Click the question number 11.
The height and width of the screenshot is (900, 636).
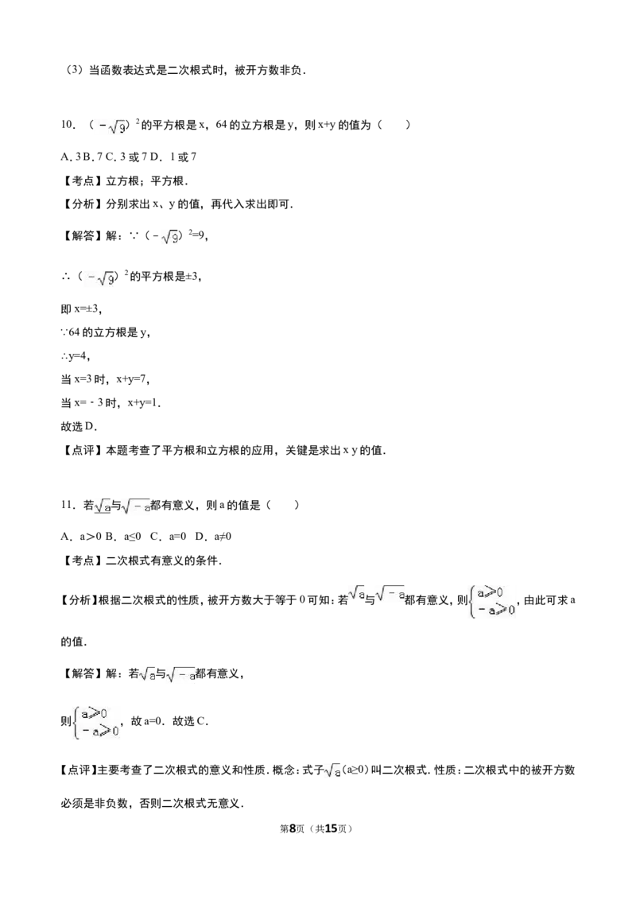point(67,505)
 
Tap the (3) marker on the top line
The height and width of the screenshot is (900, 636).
point(75,70)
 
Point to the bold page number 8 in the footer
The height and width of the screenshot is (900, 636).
point(292,828)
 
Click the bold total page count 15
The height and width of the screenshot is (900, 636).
point(331,828)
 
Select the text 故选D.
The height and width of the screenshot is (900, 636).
point(79,426)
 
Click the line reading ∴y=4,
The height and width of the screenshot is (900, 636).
point(76,356)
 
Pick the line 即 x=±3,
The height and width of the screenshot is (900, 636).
point(81,308)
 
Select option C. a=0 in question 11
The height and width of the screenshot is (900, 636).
point(169,536)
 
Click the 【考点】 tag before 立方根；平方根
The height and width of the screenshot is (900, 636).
point(83,180)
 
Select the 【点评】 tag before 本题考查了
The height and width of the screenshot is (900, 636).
point(83,450)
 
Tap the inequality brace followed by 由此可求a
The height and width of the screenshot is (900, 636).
point(492,601)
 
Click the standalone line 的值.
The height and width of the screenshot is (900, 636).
point(74,642)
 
